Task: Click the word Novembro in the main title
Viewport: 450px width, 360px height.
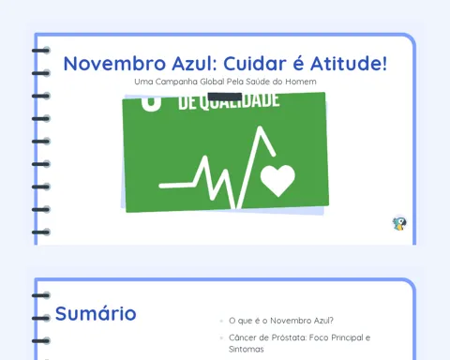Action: tap(114, 64)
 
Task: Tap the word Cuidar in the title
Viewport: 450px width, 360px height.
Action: tap(255, 64)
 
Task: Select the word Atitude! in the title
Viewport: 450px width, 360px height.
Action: tap(349, 63)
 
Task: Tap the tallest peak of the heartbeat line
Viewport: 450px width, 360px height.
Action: tap(260, 127)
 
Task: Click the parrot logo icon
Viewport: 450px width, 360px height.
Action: tap(399, 224)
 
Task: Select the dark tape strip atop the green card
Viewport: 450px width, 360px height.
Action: tap(225, 97)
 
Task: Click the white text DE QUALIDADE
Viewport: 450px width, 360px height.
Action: tap(229, 102)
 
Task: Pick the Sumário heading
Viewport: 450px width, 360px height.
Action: tap(96, 313)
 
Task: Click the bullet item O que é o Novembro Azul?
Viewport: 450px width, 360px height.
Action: tap(281, 321)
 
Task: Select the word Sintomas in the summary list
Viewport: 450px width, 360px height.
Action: tap(247, 349)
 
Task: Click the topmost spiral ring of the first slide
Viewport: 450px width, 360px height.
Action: tap(41, 51)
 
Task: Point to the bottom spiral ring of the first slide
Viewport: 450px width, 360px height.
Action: tap(41, 232)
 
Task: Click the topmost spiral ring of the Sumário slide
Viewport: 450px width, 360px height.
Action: tap(41, 295)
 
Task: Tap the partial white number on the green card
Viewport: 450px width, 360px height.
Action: tap(151, 103)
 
